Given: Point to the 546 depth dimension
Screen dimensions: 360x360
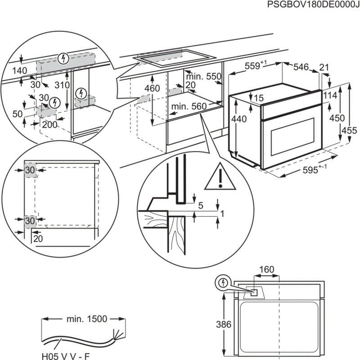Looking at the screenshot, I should pos(301,68).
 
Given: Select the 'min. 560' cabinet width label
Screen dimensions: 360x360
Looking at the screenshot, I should pos(189,106).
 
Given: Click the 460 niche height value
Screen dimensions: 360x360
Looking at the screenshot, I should pos(153,88).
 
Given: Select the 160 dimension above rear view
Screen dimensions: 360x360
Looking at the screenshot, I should pos(266,270).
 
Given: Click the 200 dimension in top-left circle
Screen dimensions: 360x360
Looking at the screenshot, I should pos(49,125).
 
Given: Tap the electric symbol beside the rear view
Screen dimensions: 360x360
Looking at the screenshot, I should pos(221,283).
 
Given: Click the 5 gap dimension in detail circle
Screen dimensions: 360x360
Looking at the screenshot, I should pos(201,205).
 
